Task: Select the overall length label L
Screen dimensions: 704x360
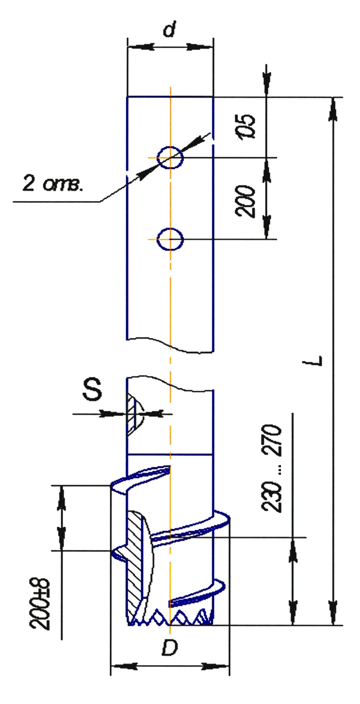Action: pos(317,360)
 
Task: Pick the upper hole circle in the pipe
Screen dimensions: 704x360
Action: pos(170,157)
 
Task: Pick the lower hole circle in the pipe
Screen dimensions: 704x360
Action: pos(170,240)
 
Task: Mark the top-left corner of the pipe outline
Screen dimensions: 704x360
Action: pos(128,97)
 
